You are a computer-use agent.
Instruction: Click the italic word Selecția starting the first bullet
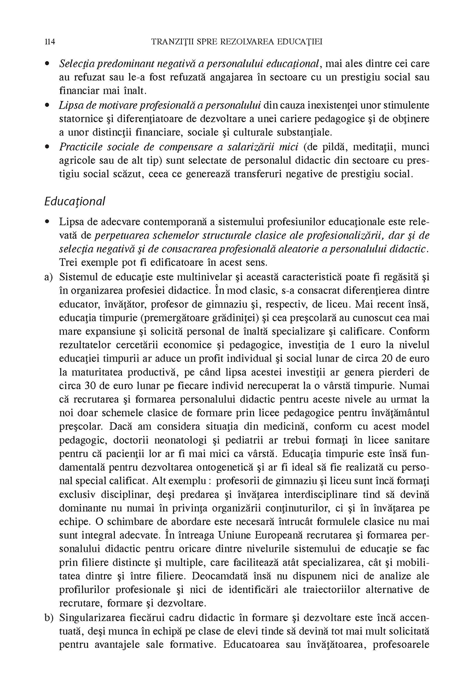[76, 62]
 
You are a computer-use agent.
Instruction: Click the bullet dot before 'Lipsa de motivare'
[48, 105]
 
